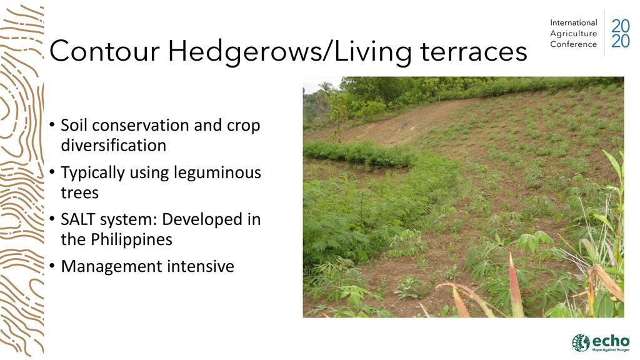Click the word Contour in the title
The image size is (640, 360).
coord(104,51)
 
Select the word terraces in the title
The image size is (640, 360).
coord(474,51)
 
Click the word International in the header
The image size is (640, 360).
coord(574,23)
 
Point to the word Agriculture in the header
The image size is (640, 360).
coord(574,34)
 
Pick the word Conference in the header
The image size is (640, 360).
coord(574,44)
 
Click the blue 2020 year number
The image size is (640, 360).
coord(621,34)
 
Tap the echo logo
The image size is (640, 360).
coord(601,342)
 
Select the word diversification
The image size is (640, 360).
coord(114,145)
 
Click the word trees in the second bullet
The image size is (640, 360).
coord(79,192)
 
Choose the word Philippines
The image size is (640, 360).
coord(131,239)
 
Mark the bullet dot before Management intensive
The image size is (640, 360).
coord(52,266)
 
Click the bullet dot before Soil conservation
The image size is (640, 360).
coord(52,124)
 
